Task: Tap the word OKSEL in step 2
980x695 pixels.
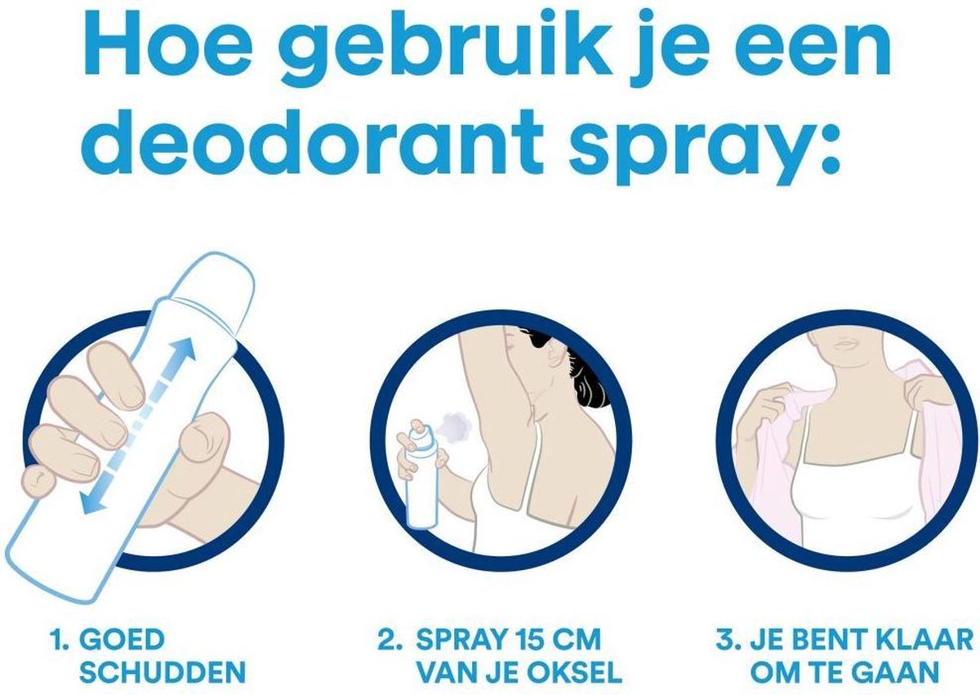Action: coord(576,673)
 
